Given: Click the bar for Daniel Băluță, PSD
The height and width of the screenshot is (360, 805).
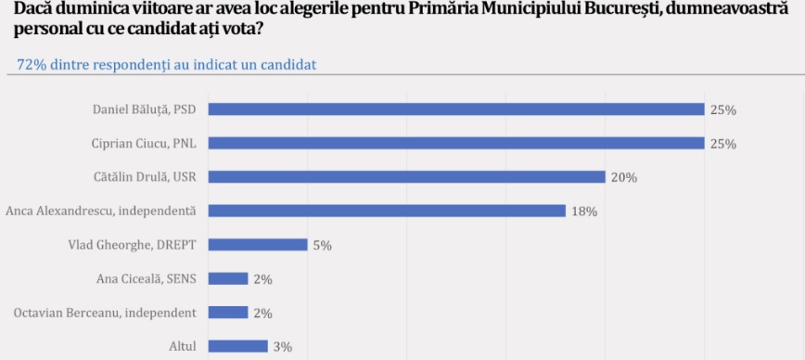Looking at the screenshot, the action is click(x=456, y=109).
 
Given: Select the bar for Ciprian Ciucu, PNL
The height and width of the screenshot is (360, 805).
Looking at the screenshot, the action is click(x=456, y=143).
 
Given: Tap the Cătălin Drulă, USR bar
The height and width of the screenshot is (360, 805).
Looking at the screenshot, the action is click(x=406, y=177).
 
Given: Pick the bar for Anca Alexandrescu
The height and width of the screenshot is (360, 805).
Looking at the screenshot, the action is click(x=387, y=211).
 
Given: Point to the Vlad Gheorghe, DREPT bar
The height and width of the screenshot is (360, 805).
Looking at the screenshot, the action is click(x=258, y=245).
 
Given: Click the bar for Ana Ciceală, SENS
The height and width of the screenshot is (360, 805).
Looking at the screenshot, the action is click(x=228, y=279).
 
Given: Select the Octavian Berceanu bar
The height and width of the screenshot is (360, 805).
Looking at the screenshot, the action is click(x=228, y=313).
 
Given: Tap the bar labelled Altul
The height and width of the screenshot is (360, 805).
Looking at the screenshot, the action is click(x=237, y=347).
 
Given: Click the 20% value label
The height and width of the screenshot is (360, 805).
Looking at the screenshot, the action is click(x=624, y=178).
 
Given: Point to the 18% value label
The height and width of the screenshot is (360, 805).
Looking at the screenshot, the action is click(x=584, y=212).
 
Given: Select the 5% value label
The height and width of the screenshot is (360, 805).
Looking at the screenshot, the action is click(x=323, y=246).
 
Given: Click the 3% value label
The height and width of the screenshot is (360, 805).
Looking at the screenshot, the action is click(x=283, y=347).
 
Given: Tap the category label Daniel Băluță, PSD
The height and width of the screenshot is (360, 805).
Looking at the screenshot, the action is click(x=145, y=109).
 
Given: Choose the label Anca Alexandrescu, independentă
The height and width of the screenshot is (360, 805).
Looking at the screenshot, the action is click(x=101, y=211).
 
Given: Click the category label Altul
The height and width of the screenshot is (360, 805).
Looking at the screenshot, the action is click(x=183, y=347).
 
